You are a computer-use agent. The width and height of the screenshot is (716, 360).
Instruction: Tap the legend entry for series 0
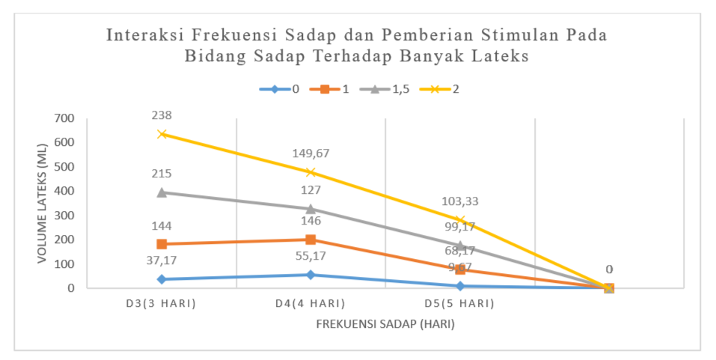pos(280,89)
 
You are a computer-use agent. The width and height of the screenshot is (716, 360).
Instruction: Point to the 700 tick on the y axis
pos(65,118)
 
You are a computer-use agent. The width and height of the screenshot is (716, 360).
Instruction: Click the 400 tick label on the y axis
pos(65,191)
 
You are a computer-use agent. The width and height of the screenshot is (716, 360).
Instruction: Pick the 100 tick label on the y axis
pos(65,264)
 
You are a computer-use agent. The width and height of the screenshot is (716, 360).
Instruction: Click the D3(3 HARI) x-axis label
pos(162,304)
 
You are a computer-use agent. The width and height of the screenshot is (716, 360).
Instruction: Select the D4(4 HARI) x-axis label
pos(310,304)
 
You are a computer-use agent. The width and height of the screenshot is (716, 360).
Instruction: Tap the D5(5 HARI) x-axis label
pos(460,304)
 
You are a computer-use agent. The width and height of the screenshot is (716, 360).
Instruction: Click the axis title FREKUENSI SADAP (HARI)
pos(385,325)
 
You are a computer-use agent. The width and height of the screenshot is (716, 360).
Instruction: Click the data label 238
pos(162,115)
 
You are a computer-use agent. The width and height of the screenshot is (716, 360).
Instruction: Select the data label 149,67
pos(310,153)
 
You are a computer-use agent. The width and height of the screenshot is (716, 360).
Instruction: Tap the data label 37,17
pos(162,260)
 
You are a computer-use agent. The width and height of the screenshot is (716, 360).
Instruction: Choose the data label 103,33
pos(460,201)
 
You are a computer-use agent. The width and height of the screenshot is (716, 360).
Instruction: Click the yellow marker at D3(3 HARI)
pos(162,134)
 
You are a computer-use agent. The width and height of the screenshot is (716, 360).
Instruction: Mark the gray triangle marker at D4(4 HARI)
pos(310,209)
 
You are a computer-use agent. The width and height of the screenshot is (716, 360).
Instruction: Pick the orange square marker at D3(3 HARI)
pos(162,244)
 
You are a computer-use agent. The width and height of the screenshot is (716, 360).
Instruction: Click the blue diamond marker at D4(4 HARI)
pos(310,275)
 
